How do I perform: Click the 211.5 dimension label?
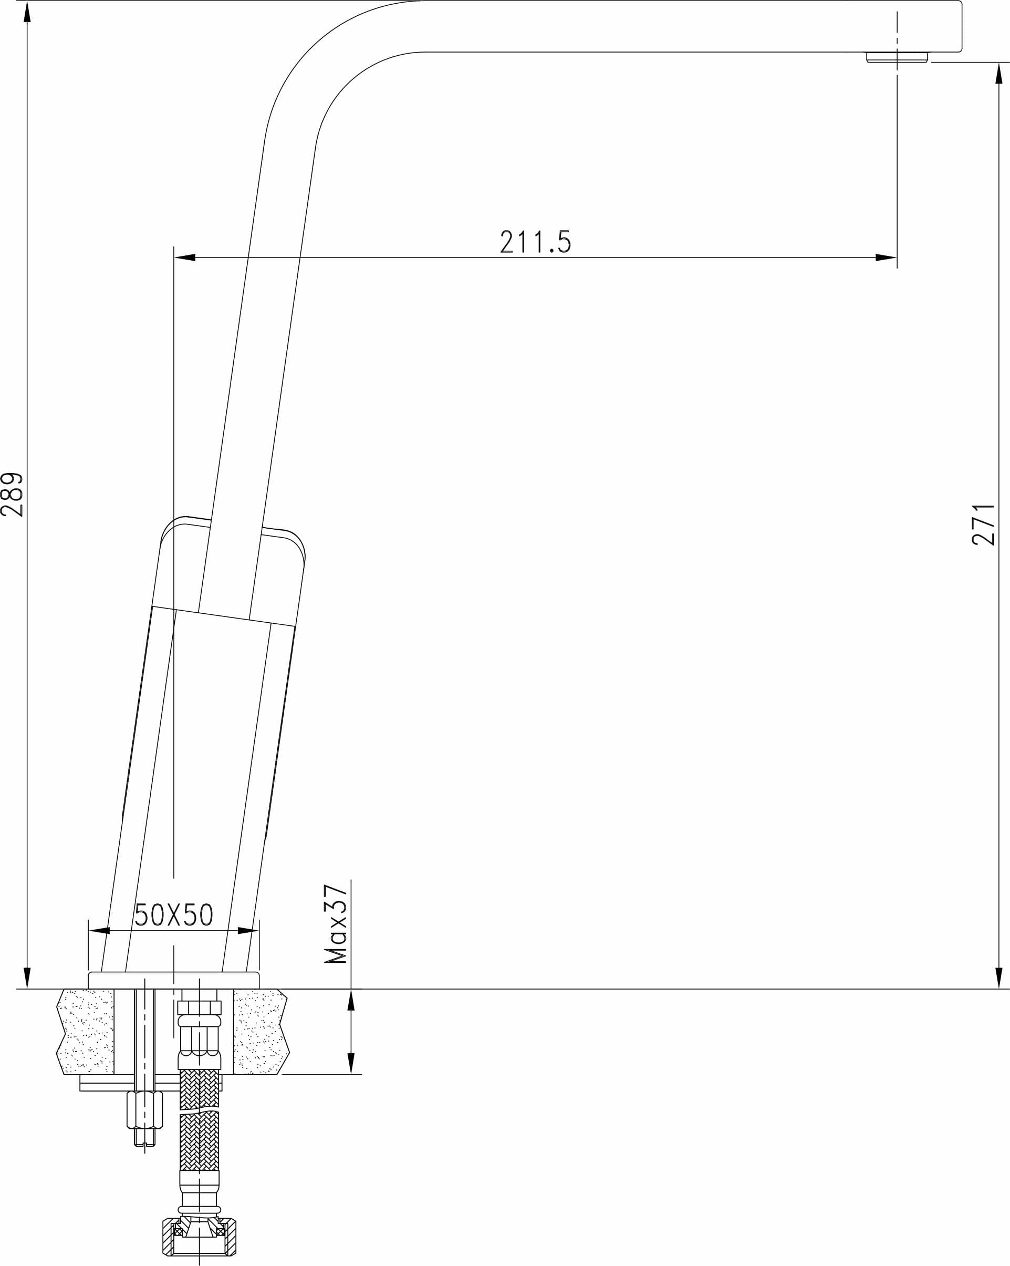point(535,242)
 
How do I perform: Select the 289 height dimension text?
point(12,495)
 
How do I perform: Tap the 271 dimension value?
point(984,524)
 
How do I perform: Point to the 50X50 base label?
point(174,914)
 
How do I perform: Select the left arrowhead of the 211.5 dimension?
point(185,257)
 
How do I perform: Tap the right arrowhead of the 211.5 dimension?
point(886,257)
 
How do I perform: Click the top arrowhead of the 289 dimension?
point(27,12)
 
